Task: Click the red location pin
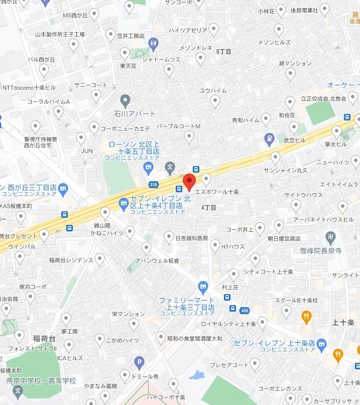click(x=189, y=181)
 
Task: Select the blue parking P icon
click(x=139, y=361)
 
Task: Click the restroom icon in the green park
click(x=154, y=44)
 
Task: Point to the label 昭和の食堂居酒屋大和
click(x=194, y=339)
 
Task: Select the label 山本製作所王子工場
click(x=60, y=35)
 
